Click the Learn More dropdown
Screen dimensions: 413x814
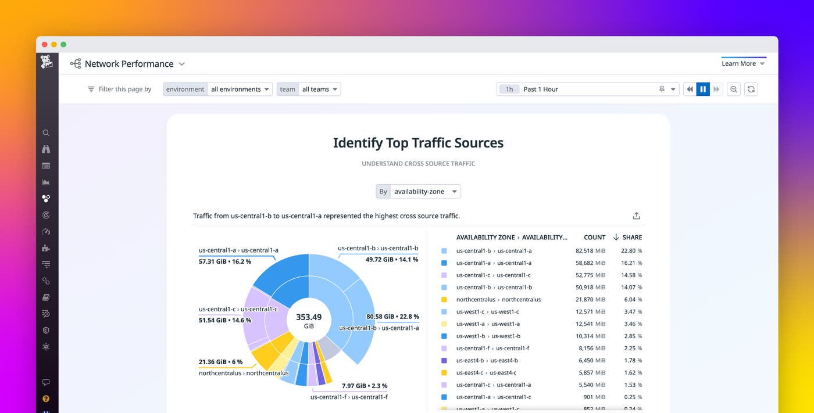743,64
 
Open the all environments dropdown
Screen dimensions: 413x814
240,89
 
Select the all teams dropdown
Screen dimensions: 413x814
319,89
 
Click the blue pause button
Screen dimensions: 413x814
703,89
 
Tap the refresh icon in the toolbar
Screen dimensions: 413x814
751,89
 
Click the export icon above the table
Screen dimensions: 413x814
637,216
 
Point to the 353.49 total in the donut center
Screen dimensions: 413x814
309,317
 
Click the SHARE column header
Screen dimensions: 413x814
631,238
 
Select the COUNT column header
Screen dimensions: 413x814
594,238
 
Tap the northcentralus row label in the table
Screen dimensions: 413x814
498,300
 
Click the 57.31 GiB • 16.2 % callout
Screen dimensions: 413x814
225,262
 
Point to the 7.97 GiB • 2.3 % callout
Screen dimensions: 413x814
364,386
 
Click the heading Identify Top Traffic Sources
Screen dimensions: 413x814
418,143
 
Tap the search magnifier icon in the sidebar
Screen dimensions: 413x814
46,133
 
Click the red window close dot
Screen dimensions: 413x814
45,45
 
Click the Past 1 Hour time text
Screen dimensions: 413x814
541,89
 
